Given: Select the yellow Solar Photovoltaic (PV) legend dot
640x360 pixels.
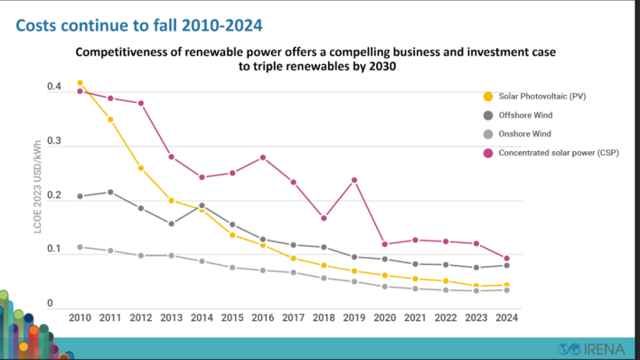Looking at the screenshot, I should point(488,97).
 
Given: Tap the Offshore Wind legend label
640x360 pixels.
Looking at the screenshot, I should point(525,116).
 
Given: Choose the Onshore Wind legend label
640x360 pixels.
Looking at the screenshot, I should point(524,134).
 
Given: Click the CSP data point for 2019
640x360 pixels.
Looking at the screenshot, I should point(353,180).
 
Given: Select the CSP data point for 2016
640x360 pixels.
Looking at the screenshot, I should point(262,157).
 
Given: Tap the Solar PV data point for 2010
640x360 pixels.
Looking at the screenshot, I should point(80,83).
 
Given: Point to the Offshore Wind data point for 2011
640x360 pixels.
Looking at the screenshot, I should point(110,192).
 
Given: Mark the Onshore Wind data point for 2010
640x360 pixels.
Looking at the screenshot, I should point(80,247).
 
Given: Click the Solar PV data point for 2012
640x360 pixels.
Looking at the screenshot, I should point(141,168).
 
